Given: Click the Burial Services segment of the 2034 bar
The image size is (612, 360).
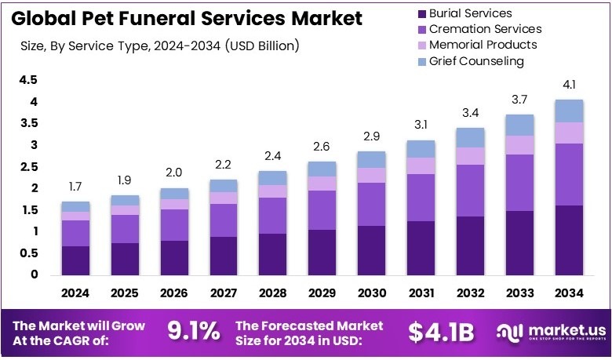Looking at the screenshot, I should [568, 240].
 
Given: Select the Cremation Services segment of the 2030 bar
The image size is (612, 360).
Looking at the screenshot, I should [372, 204].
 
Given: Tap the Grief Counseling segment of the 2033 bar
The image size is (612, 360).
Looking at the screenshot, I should [519, 125].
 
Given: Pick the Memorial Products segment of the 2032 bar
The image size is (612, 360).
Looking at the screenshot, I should [470, 156].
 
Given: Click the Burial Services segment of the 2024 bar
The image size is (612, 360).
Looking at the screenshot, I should [75, 260].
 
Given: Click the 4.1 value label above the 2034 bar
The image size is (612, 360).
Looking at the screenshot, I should [568, 85].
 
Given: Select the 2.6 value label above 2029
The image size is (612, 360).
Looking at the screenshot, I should [322, 147].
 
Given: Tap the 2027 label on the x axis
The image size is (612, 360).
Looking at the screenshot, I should [224, 293].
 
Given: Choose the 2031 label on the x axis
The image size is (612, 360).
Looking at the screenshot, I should [421, 293].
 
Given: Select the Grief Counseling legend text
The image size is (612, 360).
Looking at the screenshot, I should [476, 61].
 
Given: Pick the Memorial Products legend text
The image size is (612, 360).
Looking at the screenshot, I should [483, 45].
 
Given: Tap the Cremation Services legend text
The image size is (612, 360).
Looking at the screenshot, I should [485, 29].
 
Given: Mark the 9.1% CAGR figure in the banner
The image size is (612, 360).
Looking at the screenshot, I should [194, 332].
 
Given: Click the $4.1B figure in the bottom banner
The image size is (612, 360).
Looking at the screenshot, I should [441, 332].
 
